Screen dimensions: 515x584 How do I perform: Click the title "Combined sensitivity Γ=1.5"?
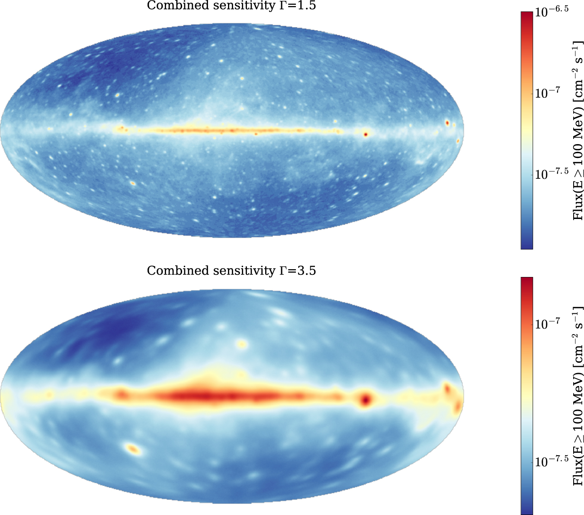(231, 6)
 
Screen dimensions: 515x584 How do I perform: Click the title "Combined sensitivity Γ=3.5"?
(231, 270)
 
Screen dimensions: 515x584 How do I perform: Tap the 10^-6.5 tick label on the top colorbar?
(552, 12)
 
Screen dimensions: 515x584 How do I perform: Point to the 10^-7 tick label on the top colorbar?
(548, 93)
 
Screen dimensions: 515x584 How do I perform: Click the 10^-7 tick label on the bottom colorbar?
(548, 323)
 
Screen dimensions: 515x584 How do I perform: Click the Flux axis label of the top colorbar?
(578, 130)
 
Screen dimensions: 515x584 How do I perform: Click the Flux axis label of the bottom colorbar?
(578, 396)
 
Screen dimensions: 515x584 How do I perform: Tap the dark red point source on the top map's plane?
(366, 135)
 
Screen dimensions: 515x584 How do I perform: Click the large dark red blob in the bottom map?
(366, 399)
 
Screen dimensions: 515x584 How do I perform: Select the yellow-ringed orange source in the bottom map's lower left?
(133, 449)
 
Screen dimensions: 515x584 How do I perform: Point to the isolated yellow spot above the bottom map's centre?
(242, 344)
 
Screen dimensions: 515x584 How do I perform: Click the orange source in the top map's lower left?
(133, 183)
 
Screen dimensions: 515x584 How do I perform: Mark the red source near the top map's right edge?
(447, 123)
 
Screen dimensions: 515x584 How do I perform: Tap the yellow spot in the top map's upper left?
(117, 94)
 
